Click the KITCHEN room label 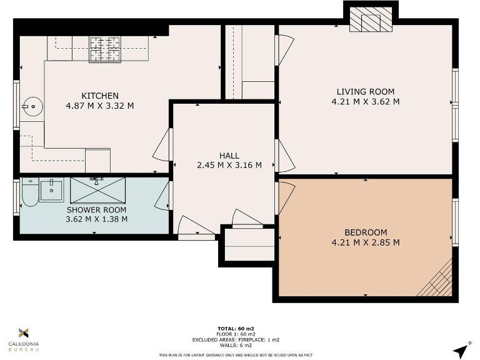tap(100, 96)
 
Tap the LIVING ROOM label tap(366, 92)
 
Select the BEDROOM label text tap(366, 232)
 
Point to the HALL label tap(229, 156)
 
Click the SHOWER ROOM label tap(97, 209)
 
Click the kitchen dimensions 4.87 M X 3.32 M tap(100, 106)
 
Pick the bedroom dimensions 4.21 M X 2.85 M tap(366, 242)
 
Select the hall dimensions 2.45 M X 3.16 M tap(229, 166)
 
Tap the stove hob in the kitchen tap(104, 49)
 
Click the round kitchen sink tap(29, 107)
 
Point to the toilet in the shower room tap(29, 193)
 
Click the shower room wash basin tap(51, 189)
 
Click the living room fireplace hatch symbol tap(369, 20)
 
